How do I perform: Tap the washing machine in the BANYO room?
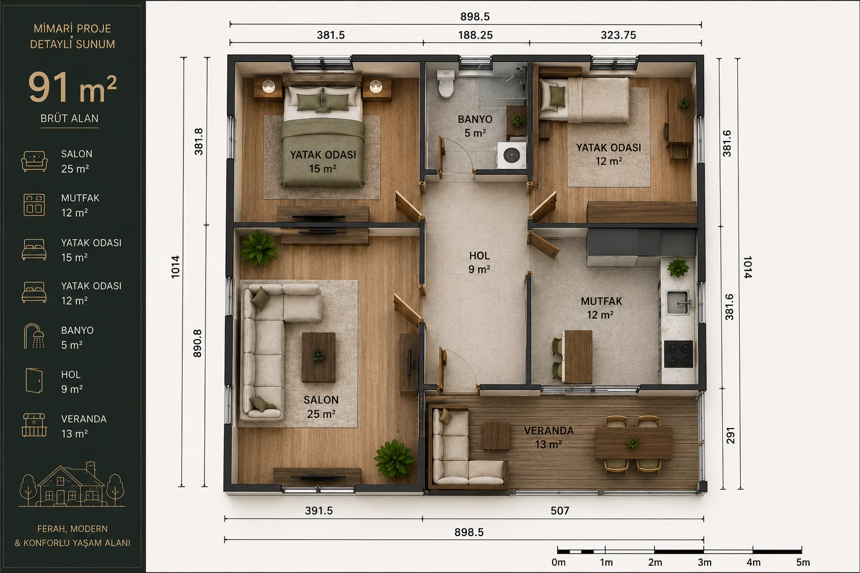coord(511,156)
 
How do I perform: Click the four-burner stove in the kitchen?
coord(679,354)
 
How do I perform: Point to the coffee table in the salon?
coord(318,358)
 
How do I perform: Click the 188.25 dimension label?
coord(475,35)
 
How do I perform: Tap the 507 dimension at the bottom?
coord(560,510)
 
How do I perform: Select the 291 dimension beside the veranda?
coord(730,435)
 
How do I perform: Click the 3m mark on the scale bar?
coord(704,562)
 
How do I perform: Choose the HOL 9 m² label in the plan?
coord(479,262)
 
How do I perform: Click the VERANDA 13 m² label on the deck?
coord(549,438)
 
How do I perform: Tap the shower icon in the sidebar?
coord(34,336)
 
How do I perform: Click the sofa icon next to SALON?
coord(35,161)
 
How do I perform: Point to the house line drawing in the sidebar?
coord(72,484)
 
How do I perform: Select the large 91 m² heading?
coord(72,88)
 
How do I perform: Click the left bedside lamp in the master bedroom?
coord(268,86)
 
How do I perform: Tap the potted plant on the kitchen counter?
coord(678,267)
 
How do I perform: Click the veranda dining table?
coord(634,444)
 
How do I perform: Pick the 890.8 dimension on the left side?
coord(197,344)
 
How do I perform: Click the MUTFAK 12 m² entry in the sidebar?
coord(80,205)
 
